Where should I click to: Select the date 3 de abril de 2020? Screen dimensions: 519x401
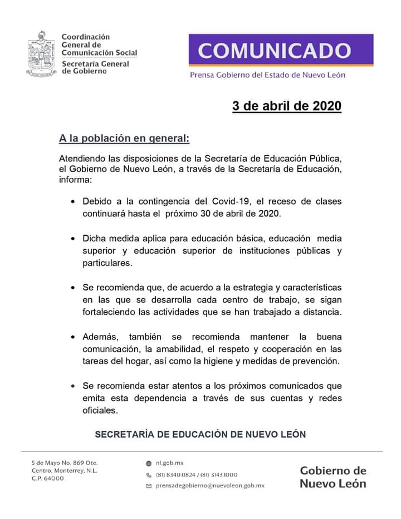286,106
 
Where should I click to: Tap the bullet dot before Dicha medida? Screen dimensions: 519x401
73,239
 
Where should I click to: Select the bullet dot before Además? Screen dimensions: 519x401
73,338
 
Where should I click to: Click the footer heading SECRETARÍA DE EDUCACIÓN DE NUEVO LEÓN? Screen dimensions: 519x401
200,434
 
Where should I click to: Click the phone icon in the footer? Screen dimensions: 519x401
148,475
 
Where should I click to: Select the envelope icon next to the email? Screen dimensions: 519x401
148,486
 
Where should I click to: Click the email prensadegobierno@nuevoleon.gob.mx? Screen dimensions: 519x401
210,486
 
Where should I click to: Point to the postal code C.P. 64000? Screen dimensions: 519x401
47,478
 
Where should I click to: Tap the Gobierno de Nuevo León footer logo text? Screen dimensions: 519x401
332,477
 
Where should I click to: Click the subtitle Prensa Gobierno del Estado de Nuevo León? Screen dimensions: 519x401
267,75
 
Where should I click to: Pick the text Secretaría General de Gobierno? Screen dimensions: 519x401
95,67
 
